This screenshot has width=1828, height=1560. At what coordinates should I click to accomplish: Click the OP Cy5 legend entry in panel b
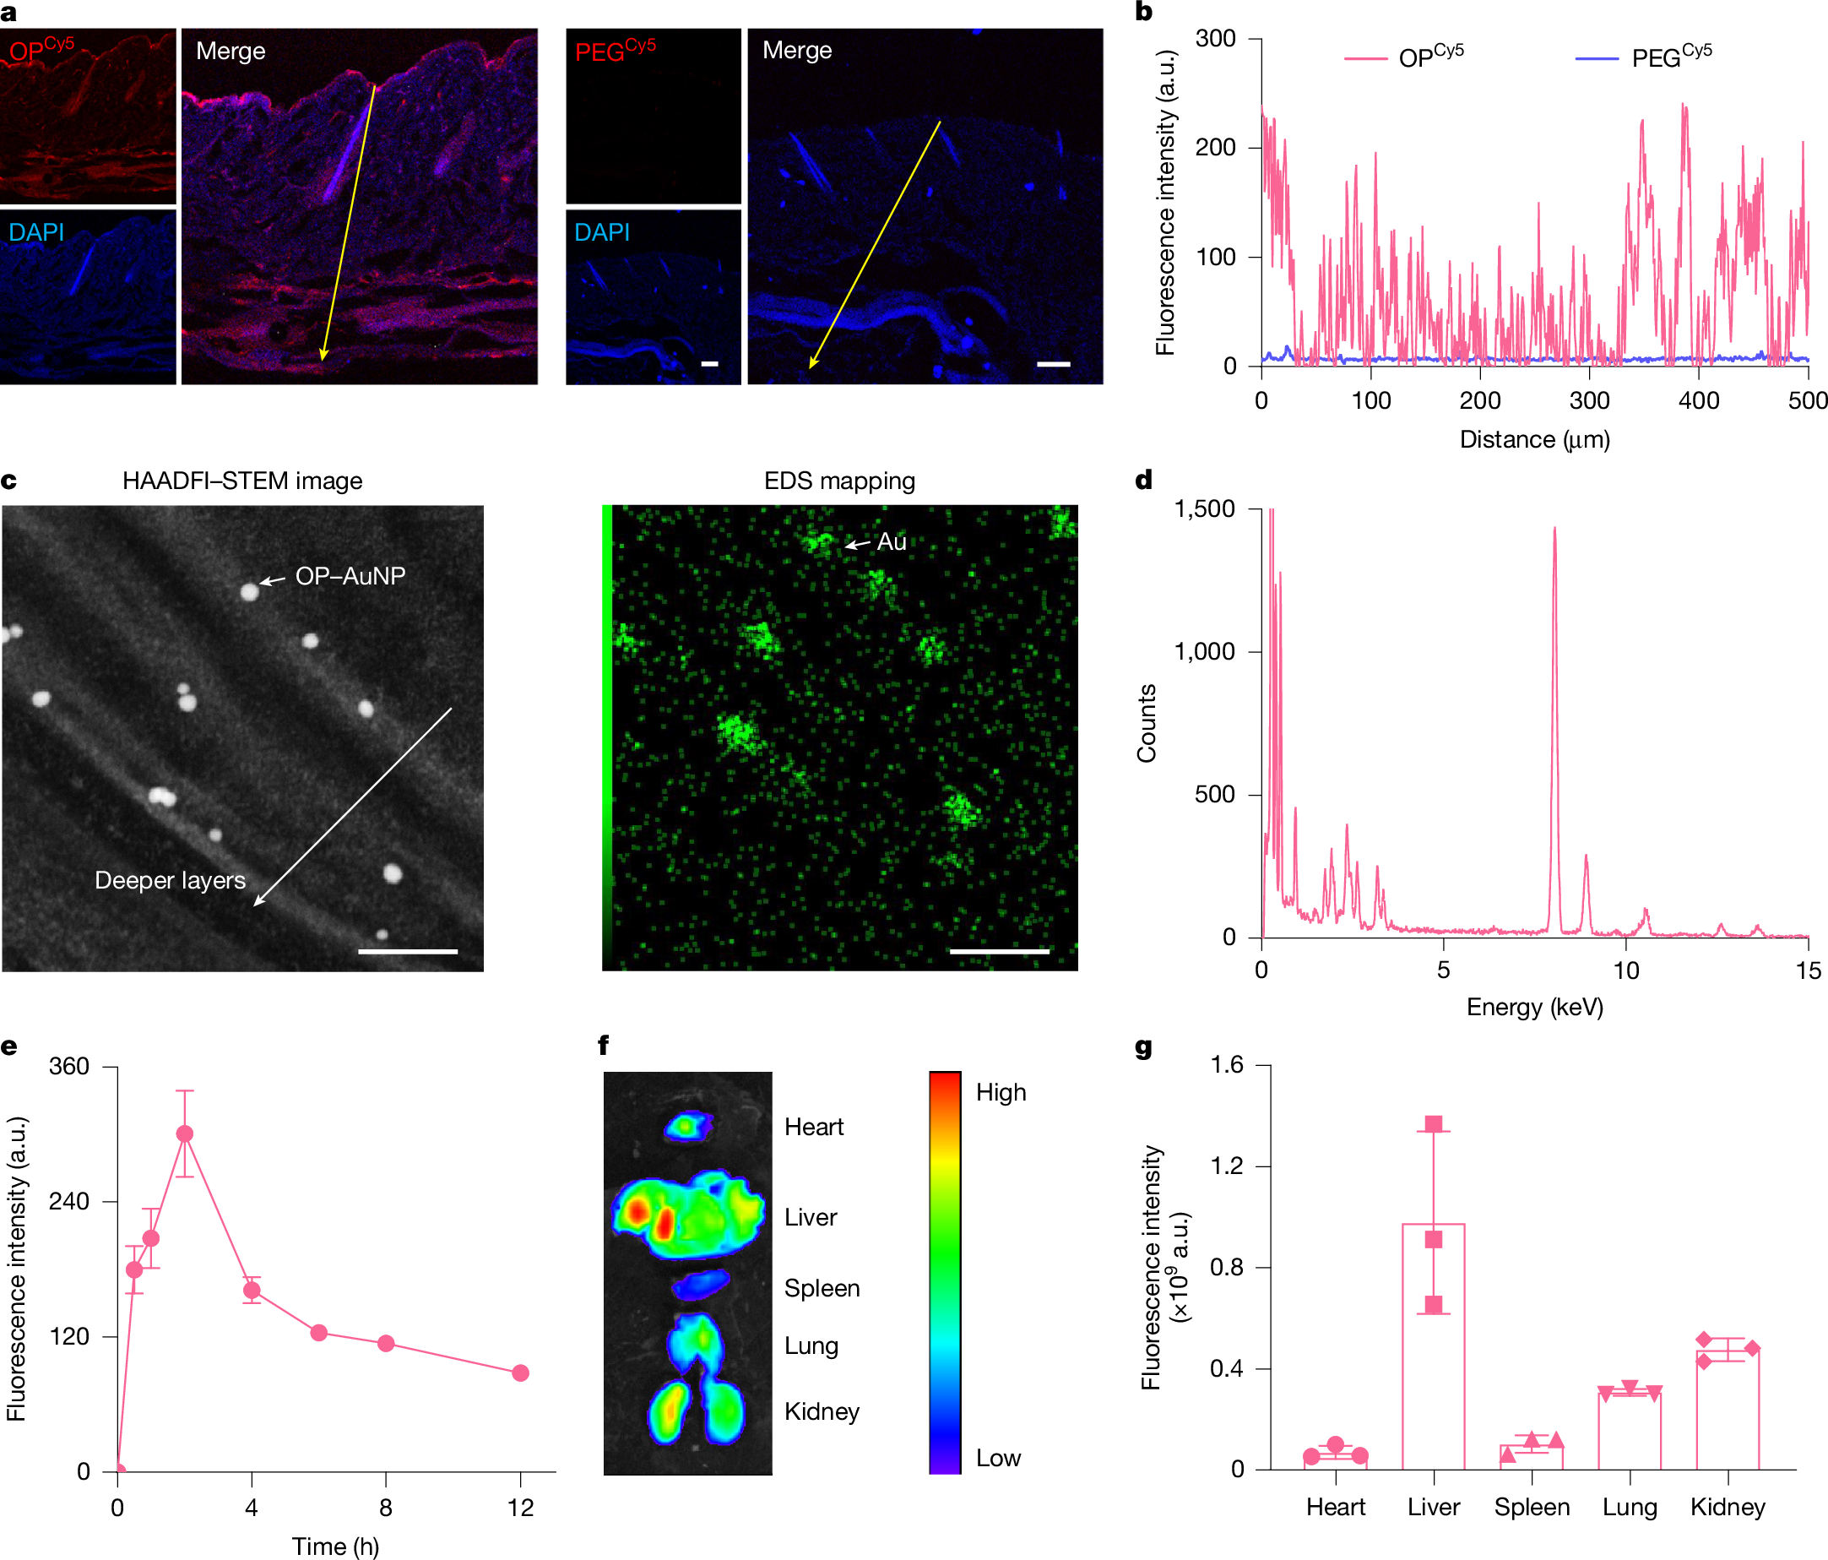click(x=1429, y=57)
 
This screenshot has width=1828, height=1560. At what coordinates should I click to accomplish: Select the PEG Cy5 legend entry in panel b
click(x=1669, y=57)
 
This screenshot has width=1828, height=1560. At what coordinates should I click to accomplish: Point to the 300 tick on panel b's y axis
click(x=1215, y=39)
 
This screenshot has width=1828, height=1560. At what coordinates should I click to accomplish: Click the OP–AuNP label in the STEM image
click(x=350, y=576)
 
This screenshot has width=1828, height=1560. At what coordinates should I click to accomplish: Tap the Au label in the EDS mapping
click(x=891, y=541)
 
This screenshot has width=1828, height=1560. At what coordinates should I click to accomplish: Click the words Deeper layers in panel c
click(x=170, y=881)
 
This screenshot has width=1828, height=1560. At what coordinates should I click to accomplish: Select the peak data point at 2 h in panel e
click(x=184, y=1133)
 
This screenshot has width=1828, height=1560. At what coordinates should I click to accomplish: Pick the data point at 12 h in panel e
click(x=520, y=1373)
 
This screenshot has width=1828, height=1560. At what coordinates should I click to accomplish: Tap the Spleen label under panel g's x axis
click(x=1532, y=1507)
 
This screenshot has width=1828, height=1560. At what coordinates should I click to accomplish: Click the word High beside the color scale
click(x=1001, y=1092)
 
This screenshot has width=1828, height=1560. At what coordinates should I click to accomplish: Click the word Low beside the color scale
click(x=998, y=1458)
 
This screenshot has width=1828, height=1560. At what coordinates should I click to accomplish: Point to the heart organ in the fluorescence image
click(x=687, y=1126)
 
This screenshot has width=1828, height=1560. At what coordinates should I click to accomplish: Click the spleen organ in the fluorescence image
click(x=701, y=1285)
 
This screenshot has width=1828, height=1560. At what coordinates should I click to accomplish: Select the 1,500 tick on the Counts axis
click(x=1204, y=509)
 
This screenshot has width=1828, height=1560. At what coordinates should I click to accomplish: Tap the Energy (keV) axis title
click(x=1534, y=1007)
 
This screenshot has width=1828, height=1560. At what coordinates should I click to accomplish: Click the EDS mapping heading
click(x=839, y=481)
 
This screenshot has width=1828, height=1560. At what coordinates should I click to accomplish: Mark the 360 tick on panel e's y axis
click(x=69, y=1067)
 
